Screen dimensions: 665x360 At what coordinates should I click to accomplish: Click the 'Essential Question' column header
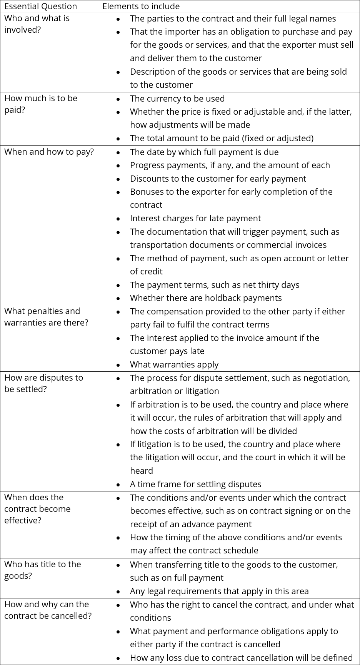(x=40, y=6)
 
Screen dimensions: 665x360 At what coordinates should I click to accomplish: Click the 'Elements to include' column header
(x=141, y=6)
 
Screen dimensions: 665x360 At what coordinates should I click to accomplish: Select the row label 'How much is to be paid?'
(x=41, y=104)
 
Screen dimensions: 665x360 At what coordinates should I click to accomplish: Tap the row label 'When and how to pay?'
(x=49, y=152)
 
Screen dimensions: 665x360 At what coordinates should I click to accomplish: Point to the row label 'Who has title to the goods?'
(x=42, y=570)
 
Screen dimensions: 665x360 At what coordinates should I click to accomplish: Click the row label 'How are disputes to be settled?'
(x=43, y=383)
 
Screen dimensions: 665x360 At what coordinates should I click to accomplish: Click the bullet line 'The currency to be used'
(x=177, y=99)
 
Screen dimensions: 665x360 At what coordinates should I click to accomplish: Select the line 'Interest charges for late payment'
(x=195, y=218)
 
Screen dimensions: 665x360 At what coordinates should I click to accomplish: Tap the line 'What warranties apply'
(x=174, y=364)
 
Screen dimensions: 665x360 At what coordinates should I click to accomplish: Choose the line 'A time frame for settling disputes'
(x=195, y=484)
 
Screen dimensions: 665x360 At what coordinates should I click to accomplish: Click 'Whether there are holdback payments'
(x=206, y=298)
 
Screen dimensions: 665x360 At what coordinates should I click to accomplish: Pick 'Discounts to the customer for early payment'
(x=218, y=179)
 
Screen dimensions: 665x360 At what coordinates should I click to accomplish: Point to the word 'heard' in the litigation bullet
(x=141, y=471)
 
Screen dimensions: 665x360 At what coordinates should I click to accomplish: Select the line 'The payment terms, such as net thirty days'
(x=214, y=285)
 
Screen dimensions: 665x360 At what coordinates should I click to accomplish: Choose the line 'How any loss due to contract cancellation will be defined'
(x=241, y=658)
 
